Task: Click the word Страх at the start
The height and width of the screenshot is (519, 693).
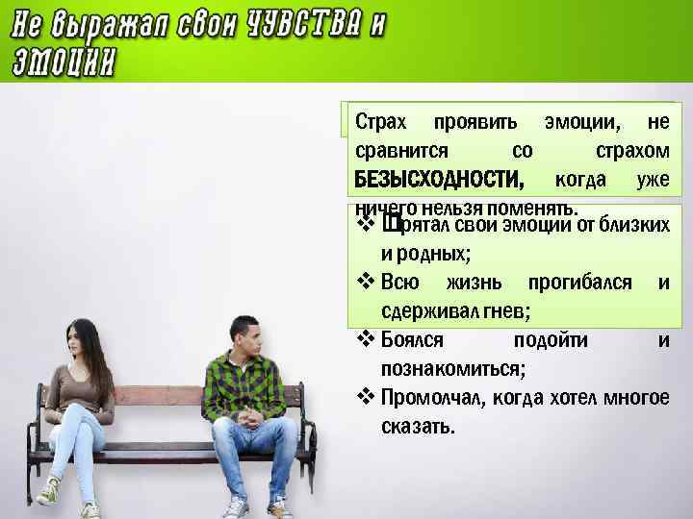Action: point(381,123)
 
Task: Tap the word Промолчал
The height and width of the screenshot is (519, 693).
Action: point(430,398)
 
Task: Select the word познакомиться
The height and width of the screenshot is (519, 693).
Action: point(452,368)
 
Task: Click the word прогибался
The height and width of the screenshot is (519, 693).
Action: point(580,283)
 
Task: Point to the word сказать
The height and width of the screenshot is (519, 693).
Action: point(417,426)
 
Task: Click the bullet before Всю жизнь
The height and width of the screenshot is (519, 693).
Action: point(365,283)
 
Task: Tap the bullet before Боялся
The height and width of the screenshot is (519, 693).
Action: point(365,339)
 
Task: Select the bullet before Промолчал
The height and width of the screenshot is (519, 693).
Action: point(365,398)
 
